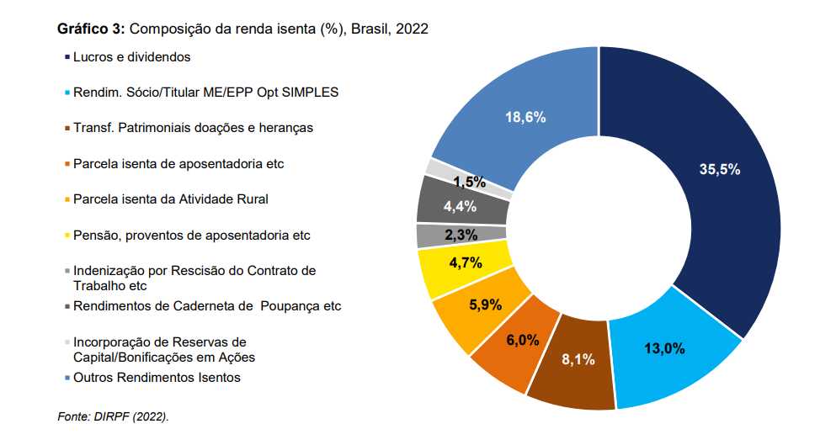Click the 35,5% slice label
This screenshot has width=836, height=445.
(x=719, y=169)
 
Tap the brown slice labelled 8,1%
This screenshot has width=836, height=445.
(x=578, y=359)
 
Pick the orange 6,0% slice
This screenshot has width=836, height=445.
(x=522, y=340)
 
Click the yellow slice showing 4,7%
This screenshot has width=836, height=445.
(x=466, y=262)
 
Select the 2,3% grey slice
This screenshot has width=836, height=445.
(x=461, y=235)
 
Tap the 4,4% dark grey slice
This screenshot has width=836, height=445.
(x=460, y=206)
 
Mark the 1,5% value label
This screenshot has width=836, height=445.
(x=469, y=182)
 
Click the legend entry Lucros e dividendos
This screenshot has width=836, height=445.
(x=131, y=57)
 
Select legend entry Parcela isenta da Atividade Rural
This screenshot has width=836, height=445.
(x=171, y=199)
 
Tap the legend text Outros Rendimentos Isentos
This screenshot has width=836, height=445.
(x=157, y=378)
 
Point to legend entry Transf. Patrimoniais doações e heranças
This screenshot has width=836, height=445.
(x=193, y=128)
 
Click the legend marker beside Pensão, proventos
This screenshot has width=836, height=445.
(x=67, y=236)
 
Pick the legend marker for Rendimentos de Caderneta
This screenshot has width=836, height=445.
(x=67, y=306)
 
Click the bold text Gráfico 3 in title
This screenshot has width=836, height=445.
(x=91, y=29)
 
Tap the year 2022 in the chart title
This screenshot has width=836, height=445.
(x=413, y=29)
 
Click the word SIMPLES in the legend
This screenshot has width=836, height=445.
(x=313, y=93)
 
